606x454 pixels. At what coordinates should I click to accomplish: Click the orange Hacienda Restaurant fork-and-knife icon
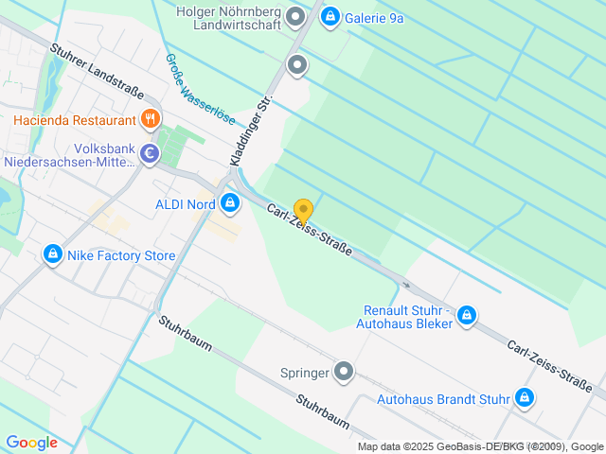(150, 120)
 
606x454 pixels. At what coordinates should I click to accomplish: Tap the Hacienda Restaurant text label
(75, 121)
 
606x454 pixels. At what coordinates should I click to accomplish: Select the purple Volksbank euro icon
(150, 153)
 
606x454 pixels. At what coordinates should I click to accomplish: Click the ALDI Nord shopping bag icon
(230, 202)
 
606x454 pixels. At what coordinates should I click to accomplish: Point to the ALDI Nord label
(186, 203)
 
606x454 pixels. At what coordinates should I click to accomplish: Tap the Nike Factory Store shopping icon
(53, 255)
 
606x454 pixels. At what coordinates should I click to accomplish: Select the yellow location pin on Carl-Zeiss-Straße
(303, 211)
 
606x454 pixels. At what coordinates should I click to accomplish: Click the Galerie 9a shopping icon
(330, 15)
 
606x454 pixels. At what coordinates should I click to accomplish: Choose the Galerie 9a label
(375, 15)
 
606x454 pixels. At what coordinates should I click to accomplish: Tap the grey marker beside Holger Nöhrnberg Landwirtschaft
(296, 16)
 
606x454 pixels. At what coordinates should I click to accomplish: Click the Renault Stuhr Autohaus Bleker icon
(466, 315)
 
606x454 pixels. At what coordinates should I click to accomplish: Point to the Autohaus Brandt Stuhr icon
(524, 398)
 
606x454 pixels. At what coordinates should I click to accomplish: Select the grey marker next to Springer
(345, 372)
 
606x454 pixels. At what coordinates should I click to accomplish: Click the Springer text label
(305, 373)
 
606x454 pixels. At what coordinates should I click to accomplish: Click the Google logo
(31, 443)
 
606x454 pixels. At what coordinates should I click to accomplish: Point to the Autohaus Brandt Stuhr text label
(443, 399)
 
